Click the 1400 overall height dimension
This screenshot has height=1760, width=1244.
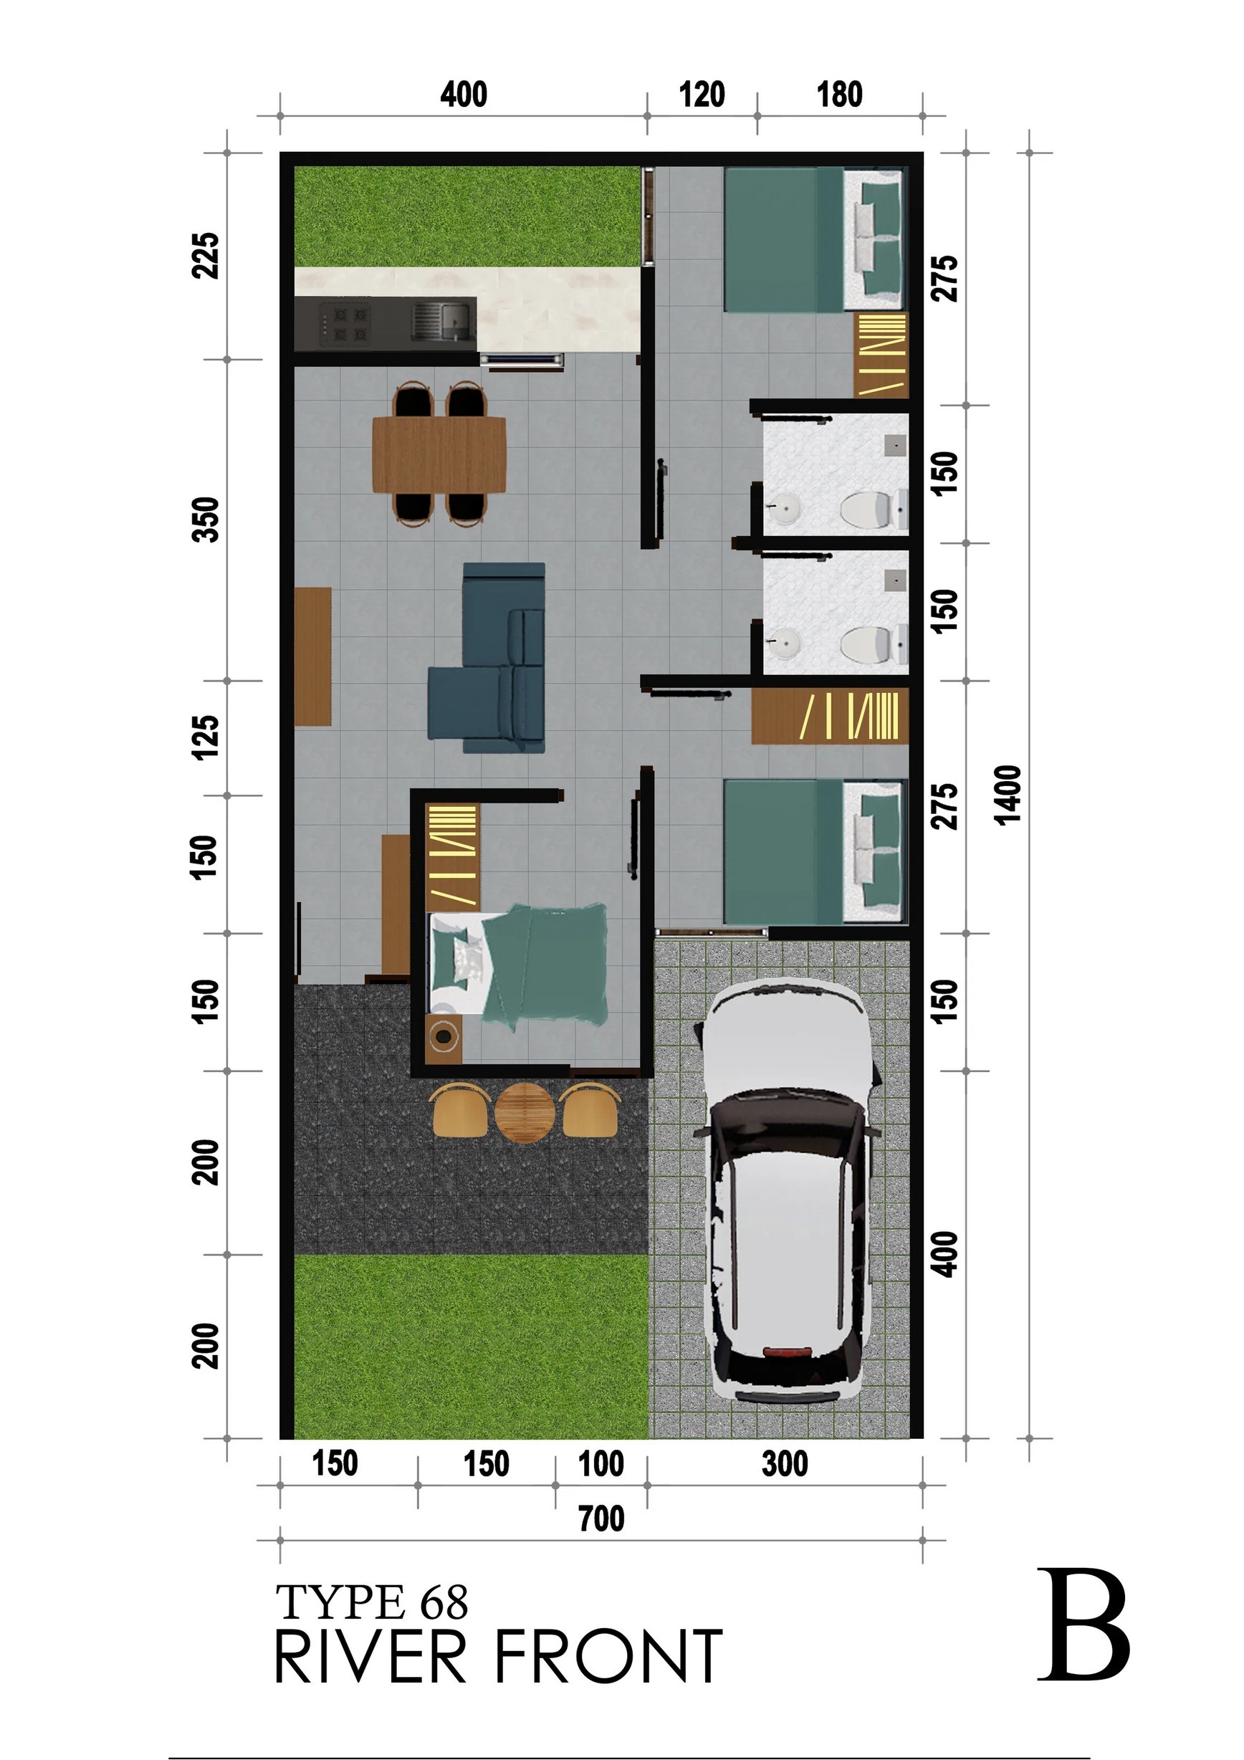1008,794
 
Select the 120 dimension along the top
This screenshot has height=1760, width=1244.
702,95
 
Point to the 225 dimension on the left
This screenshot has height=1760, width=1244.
206,255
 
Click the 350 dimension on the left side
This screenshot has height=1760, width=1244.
206,520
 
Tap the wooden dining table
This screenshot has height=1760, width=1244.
439,454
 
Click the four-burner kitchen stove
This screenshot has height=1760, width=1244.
344,322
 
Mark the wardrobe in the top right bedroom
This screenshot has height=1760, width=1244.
881,355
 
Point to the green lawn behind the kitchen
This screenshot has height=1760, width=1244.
466,216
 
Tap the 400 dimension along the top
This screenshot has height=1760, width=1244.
464,95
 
